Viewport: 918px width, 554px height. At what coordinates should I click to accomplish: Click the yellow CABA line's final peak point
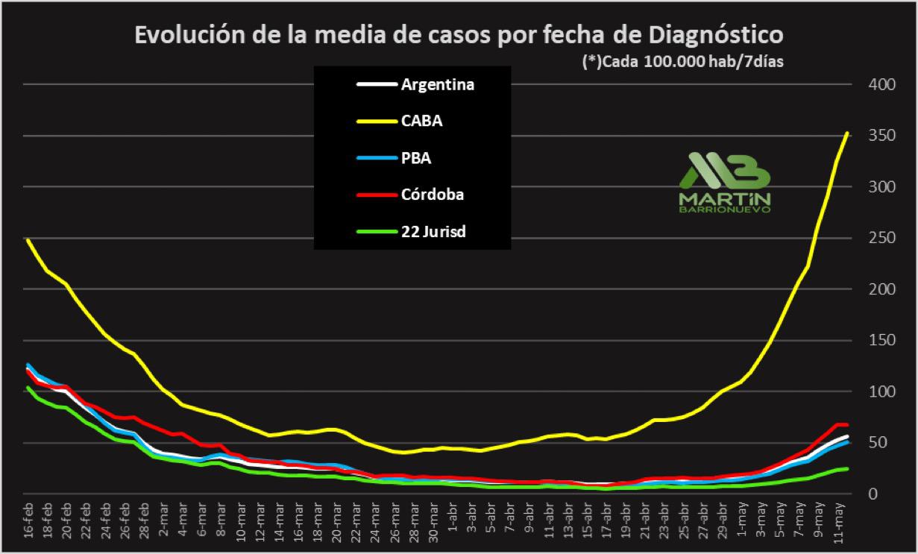point(847,133)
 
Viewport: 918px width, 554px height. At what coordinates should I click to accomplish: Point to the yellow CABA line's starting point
point(28,240)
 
